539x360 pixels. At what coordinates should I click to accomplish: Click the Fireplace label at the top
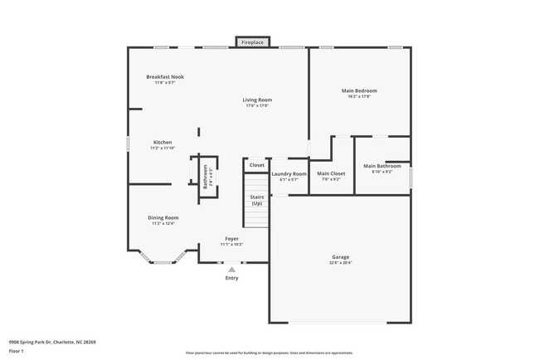tap(253, 42)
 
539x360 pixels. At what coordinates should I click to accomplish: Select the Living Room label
tap(257, 100)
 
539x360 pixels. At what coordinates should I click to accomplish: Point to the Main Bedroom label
tap(359, 90)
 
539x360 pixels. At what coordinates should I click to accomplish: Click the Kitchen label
tap(163, 143)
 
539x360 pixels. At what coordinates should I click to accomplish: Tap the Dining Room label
tap(163, 217)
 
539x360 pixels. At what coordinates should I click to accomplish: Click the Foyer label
tap(231, 239)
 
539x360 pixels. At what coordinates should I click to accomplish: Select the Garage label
tap(341, 256)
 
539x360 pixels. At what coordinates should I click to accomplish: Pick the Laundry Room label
tap(289, 173)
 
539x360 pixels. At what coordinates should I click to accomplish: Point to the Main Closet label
tap(330, 173)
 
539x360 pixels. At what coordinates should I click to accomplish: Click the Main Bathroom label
tap(382, 166)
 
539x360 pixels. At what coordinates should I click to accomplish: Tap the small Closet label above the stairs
tap(257, 165)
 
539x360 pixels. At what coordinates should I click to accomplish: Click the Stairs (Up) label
tap(257, 200)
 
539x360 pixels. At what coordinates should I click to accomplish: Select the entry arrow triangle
tap(231, 269)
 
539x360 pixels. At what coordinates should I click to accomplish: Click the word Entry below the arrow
tap(231, 278)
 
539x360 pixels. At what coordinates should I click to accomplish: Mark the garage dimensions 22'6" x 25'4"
tap(341, 262)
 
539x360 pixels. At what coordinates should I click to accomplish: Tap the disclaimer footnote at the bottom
tap(269, 353)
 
